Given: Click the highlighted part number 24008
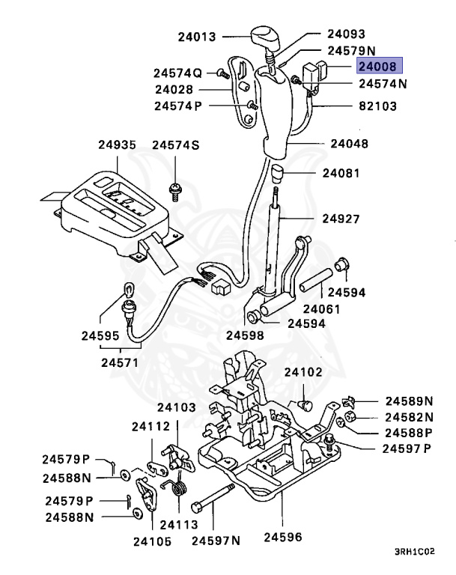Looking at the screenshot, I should [380, 67].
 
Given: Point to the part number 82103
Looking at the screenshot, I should [378, 106].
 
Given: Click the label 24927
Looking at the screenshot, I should [342, 219].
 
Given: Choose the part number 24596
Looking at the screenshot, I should [283, 537].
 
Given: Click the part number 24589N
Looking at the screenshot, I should [410, 401].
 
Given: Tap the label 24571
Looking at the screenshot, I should [120, 361].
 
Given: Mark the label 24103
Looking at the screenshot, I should [176, 407].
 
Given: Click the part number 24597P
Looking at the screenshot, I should [407, 448].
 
